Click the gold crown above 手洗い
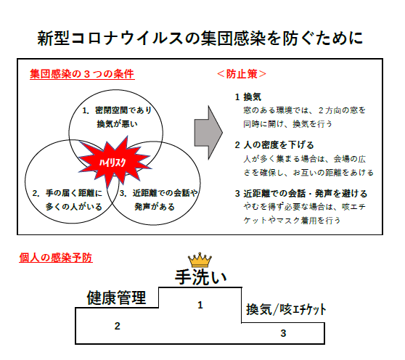200,260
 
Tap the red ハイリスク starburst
114,162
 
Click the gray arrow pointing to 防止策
208,133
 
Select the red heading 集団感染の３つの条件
82,74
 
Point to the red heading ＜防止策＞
242,74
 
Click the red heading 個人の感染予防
56,258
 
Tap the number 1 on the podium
200,306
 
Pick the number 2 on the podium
118,326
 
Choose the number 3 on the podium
283,333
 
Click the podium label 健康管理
116,298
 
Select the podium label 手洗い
201,277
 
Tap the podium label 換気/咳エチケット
286,309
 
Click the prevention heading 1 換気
248,97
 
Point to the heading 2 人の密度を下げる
274,145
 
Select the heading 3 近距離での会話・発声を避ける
301,194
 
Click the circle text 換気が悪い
118,124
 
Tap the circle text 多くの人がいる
74,207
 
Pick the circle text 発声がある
155,207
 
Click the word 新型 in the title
53,38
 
